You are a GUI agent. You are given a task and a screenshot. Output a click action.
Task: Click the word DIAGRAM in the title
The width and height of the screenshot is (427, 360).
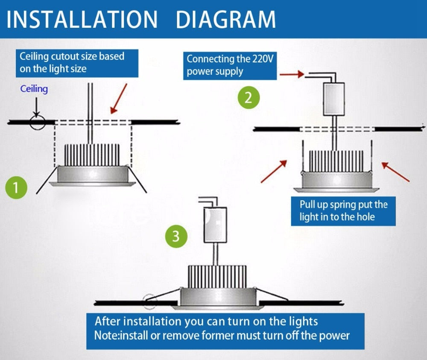[226, 19]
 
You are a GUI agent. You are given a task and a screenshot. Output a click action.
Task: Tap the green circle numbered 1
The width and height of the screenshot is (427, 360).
[16, 187]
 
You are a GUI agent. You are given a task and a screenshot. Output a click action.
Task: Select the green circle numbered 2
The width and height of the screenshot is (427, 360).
[249, 98]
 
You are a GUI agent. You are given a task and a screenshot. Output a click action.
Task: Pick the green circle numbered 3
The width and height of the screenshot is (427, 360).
[176, 236]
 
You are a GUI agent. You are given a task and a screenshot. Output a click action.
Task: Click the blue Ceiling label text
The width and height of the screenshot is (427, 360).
[34, 89]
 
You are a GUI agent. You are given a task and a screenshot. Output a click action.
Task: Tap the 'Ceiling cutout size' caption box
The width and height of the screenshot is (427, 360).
[78, 63]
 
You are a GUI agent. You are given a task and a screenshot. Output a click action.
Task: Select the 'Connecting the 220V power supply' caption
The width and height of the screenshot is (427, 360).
[230, 65]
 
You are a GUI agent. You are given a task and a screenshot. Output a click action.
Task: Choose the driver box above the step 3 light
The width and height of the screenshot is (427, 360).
[215, 225]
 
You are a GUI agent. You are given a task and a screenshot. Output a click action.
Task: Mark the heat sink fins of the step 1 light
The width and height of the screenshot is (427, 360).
[91, 154]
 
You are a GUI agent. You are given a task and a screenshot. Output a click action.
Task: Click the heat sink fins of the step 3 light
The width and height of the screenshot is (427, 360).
[217, 276]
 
